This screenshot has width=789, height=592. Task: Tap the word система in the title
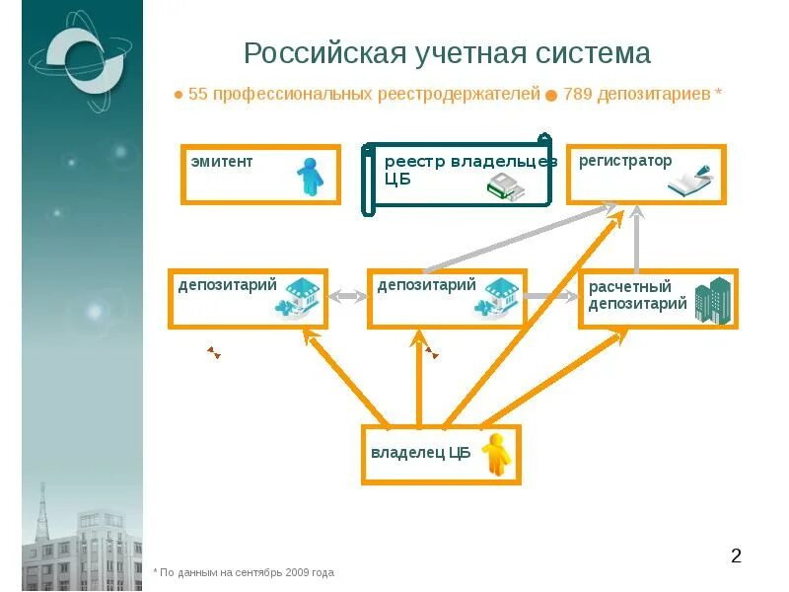click(596, 53)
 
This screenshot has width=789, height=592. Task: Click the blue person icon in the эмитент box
click(310, 177)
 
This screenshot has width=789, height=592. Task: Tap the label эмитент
click(222, 161)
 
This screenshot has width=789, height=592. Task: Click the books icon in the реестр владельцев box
click(507, 186)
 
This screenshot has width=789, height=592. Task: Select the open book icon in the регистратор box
click(690, 182)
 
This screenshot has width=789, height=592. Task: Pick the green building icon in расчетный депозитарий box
click(713, 300)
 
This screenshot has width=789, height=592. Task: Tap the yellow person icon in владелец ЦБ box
click(496, 454)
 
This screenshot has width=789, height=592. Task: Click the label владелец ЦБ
click(420, 454)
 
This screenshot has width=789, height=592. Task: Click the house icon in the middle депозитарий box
click(498, 298)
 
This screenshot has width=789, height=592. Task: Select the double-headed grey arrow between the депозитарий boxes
click(347, 296)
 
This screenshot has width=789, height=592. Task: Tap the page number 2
click(736, 556)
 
